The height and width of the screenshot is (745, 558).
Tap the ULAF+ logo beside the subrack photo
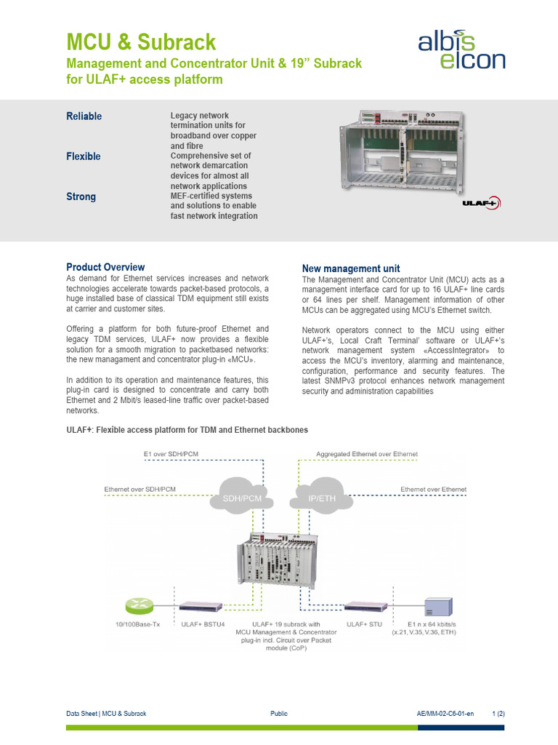[x=481, y=204]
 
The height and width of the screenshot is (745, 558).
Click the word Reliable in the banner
[x=84, y=116]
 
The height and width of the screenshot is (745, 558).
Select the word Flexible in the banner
[x=84, y=156]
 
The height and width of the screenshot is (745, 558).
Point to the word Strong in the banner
[x=81, y=197]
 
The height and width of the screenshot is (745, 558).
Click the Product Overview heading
[x=105, y=267]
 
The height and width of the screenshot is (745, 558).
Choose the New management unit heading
[x=350, y=268]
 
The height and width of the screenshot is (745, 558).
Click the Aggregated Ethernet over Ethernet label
[x=367, y=454]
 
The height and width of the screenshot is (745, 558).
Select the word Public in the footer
[x=279, y=714]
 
